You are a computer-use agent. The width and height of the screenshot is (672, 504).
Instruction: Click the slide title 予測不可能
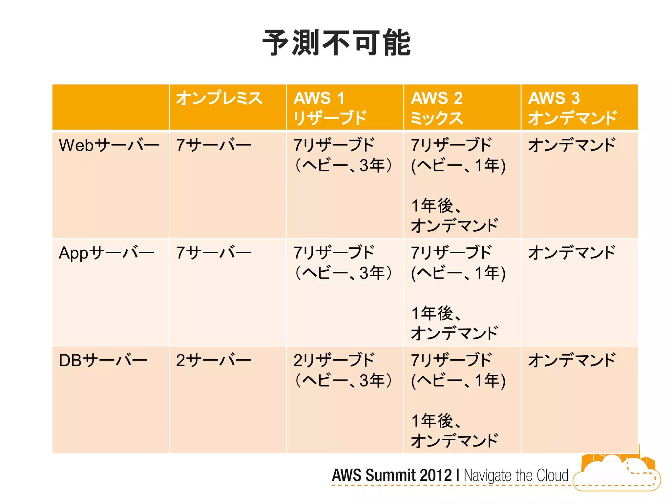point(336,43)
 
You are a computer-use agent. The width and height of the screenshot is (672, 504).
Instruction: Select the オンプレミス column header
point(219,98)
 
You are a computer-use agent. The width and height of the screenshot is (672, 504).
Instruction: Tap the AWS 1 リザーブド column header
point(329,108)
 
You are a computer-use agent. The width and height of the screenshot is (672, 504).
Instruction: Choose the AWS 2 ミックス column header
point(437,108)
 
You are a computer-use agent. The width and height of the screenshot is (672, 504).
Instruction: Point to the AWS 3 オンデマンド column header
point(573,108)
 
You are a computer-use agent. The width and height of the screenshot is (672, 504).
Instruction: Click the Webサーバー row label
point(109,145)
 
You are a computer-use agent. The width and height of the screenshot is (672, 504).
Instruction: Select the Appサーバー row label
point(106,253)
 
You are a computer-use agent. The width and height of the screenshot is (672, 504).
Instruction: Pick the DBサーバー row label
point(103,360)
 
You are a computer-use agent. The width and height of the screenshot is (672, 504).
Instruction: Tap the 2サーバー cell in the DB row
point(213,360)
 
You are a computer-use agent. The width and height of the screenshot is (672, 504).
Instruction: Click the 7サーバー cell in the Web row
point(213,145)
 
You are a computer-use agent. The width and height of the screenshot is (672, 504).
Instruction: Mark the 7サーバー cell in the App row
point(213,253)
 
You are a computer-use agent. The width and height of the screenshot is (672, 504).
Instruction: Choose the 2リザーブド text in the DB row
point(334,360)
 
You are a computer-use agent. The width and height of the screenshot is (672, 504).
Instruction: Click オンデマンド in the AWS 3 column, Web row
point(572,145)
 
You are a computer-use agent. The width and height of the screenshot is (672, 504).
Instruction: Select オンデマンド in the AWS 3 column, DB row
point(572,360)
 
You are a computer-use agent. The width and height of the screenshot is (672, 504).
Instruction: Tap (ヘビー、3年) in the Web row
point(343,165)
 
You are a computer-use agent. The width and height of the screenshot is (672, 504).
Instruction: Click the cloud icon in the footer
point(617,473)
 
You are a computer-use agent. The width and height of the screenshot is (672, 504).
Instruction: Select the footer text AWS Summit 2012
point(392,475)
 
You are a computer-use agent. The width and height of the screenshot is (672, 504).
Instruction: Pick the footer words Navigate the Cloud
point(516,475)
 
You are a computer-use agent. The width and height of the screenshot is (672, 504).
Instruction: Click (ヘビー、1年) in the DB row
point(458,381)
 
